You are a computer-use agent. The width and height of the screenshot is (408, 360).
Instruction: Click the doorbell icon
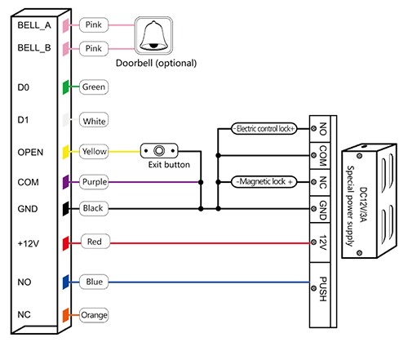tap(153, 36)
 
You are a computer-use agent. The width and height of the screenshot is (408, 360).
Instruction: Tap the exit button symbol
tap(159, 151)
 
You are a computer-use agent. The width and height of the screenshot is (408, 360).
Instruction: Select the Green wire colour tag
tap(94, 87)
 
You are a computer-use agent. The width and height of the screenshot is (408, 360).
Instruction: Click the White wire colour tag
tap(94, 120)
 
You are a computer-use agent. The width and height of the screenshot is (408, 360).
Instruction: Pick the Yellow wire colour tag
tap(94, 151)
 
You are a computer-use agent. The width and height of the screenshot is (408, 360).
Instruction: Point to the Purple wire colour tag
tap(94, 182)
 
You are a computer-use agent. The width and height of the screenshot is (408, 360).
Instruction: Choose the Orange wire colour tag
tap(94, 315)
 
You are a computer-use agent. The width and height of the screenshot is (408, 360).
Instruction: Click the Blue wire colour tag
tap(94, 282)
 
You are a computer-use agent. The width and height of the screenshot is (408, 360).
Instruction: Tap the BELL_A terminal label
tap(34, 25)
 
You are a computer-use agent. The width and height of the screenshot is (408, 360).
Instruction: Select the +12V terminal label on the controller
tap(29, 243)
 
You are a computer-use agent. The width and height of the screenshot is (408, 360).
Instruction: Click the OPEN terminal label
tap(30, 153)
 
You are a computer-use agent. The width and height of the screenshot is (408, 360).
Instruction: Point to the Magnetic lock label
tap(264, 182)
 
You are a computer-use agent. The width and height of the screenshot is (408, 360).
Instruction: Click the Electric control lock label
tap(264, 129)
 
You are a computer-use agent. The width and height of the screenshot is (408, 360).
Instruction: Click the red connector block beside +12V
tap(66, 243)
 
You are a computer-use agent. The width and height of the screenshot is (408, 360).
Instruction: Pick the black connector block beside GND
tap(66, 209)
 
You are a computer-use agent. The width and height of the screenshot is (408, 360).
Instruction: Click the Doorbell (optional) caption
tap(157, 64)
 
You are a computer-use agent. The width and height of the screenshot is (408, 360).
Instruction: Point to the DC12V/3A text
tap(363, 205)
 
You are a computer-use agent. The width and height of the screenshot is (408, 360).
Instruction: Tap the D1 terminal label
tap(23, 120)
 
